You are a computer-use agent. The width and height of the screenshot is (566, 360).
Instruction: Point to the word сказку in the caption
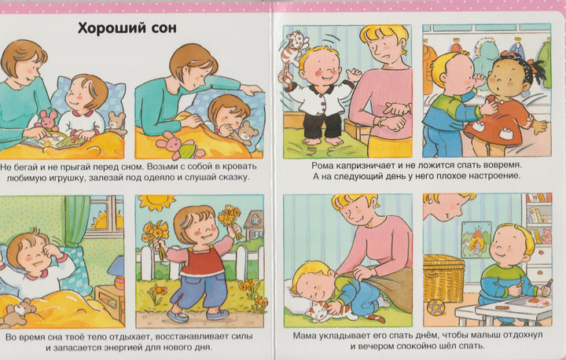click(235, 178)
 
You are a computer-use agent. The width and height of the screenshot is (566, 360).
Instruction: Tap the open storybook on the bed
click(54, 140)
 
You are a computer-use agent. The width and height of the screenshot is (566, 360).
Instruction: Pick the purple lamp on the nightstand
click(116, 271)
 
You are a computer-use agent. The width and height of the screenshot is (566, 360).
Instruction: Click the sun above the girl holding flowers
click(156, 201)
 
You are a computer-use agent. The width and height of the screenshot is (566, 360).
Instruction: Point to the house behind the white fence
click(254, 224)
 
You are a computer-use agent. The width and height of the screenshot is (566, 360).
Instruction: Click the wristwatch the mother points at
click(380, 121)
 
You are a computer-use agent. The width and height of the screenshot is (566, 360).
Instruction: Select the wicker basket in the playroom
click(443, 278)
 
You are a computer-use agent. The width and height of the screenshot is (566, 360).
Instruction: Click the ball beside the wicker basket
click(436, 308)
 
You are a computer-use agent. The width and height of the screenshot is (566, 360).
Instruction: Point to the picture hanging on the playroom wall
click(476, 240)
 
